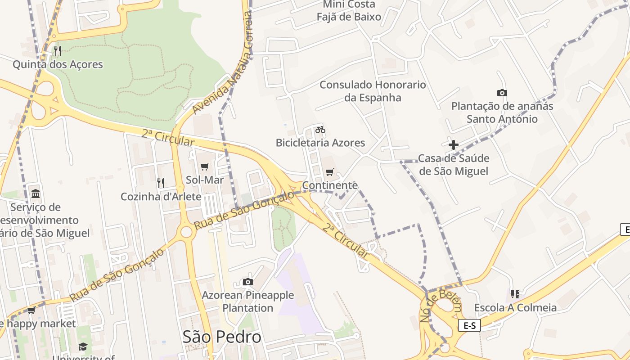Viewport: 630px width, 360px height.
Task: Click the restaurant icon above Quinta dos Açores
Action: [x=57, y=50]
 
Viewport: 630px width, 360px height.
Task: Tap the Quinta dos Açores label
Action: [x=58, y=64]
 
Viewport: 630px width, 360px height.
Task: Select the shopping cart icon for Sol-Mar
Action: [x=205, y=167]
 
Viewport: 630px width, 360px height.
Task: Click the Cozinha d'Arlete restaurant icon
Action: [x=161, y=183]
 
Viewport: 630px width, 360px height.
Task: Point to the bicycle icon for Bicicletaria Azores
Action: [x=320, y=130]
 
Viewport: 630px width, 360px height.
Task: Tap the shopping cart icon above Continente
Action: [x=330, y=172]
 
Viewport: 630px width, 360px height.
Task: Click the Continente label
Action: [x=330, y=185]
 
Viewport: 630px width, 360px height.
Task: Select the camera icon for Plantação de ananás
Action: [x=502, y=93]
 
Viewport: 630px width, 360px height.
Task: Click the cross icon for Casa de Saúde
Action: [x=454, y=145]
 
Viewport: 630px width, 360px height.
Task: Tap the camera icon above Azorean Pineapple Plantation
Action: [x=247, y=282]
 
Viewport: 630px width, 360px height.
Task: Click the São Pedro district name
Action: [x=222, y=337]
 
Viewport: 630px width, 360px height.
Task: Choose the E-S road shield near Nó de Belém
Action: [x=469, y=325]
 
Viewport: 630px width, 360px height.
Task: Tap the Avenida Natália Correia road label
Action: [x=223, y=63]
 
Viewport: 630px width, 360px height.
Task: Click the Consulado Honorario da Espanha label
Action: [x=373, y=91]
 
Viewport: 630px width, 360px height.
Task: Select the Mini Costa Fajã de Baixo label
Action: [x=349, y=11]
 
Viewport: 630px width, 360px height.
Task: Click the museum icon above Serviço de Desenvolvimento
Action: [x=36, y=193]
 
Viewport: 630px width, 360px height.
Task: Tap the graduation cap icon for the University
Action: [x=83, y=346]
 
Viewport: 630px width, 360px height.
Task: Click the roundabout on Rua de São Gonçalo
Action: [x=186, y=232]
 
